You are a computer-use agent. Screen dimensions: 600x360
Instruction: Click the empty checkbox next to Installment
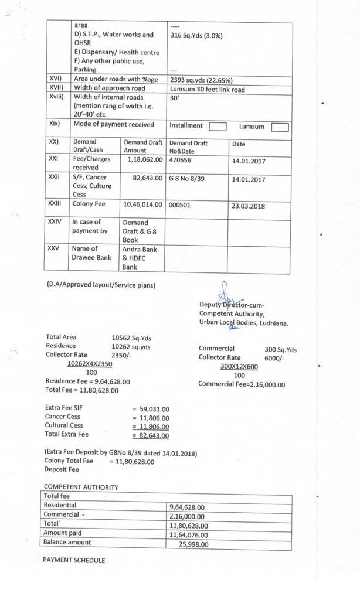(x=218, y=126)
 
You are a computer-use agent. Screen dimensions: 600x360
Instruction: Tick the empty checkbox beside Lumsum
(x=280, y=127)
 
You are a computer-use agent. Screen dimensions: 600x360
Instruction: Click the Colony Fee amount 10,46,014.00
(x=142, y=205)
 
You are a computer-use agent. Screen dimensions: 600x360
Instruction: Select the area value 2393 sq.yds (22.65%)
(x=201, y=80)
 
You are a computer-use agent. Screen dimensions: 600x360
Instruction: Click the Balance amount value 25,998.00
(x=192, y=544)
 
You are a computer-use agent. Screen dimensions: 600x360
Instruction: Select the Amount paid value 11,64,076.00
(x=188, y=534)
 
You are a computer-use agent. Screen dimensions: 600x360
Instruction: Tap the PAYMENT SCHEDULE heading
(x=74, y=560)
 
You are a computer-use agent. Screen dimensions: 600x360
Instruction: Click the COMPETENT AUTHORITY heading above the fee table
(x=81, y=487)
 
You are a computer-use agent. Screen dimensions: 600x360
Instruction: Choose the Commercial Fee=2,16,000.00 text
(x=242, y=384)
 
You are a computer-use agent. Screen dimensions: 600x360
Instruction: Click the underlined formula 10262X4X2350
(x=91, y=363)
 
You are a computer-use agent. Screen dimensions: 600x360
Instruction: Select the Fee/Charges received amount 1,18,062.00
(x=145, y=158)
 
